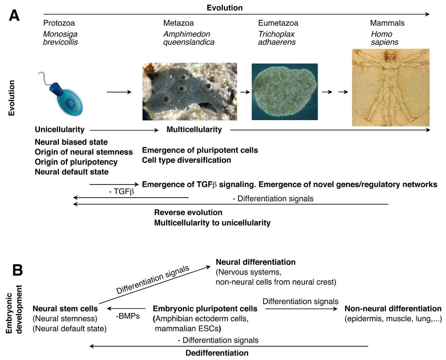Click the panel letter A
click(x=14, y=16)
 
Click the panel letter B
click(x=17, y=270)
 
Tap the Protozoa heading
click(x=59, y=23)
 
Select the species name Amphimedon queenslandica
click(x=189, y=38)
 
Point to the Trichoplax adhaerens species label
click(x=277, y=38)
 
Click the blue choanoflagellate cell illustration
click(x=62, y=94)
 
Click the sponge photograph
click(x=190, y=92)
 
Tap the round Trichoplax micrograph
click(x=285, y=92)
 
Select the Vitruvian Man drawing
click(x=391, y=87)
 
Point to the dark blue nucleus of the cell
click(x=70, y=103)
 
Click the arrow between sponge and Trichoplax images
click(x=245, y=92)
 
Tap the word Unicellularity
click(x=60, y=129)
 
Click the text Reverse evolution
click(x=188, y=212)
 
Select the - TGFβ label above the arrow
click(x=122, y=191)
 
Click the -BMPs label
click(x=128, y=316)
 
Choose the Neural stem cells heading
click(x=65, y=309)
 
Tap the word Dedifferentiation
click(x=217, y=353)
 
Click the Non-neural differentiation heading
click(x=393, y=309)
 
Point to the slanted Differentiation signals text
click(x=153, y=280)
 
